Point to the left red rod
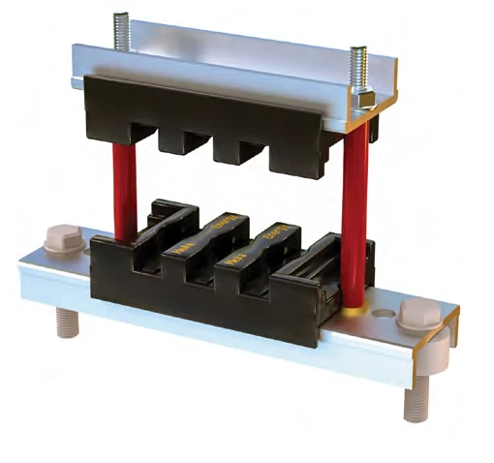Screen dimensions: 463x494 [x=124, y=189]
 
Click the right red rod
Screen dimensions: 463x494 [x=354, y=213]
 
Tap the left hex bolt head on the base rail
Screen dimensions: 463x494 [x=61, y=240]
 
